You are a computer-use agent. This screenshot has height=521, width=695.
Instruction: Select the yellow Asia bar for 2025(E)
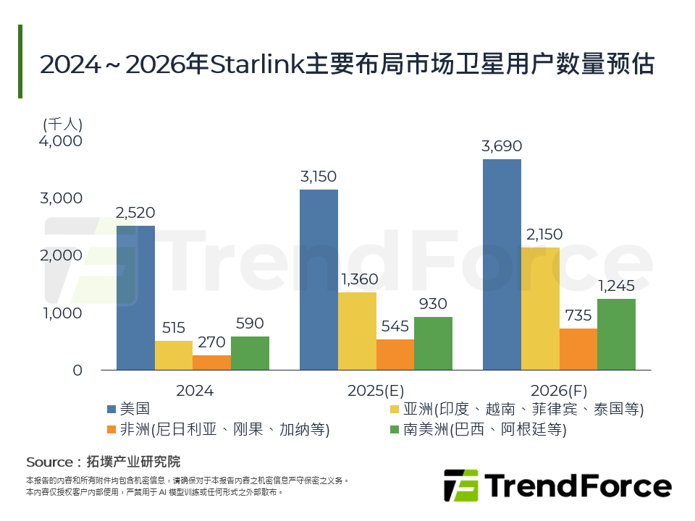point(357,331)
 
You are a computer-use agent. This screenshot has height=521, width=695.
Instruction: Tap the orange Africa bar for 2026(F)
point(578,350)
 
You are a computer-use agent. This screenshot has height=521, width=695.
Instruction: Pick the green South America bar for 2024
point(250,353)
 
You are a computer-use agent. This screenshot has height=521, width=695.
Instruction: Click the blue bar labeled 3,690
point(502,265)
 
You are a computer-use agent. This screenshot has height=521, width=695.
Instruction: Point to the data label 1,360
point(357,279)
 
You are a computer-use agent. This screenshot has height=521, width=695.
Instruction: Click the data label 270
point(211,342)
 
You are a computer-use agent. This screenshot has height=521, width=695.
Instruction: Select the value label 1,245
point(616,286)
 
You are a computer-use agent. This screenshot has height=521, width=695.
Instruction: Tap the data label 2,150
point(540,234)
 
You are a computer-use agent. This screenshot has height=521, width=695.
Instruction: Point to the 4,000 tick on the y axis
point(62,140)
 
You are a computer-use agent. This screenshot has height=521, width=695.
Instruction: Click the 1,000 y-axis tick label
point(62,313)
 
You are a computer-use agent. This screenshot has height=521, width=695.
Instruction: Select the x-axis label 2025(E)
point(376,391)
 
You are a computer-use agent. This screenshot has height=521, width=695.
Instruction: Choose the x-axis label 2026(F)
point(559,391)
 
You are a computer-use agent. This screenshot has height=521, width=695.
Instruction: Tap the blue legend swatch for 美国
point(111,410)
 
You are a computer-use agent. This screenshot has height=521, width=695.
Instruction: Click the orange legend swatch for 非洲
point(111,430)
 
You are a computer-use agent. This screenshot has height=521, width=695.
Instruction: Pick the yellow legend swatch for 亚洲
point(395,410)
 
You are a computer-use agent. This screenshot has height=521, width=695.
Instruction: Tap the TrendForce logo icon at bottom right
point(460,485)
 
